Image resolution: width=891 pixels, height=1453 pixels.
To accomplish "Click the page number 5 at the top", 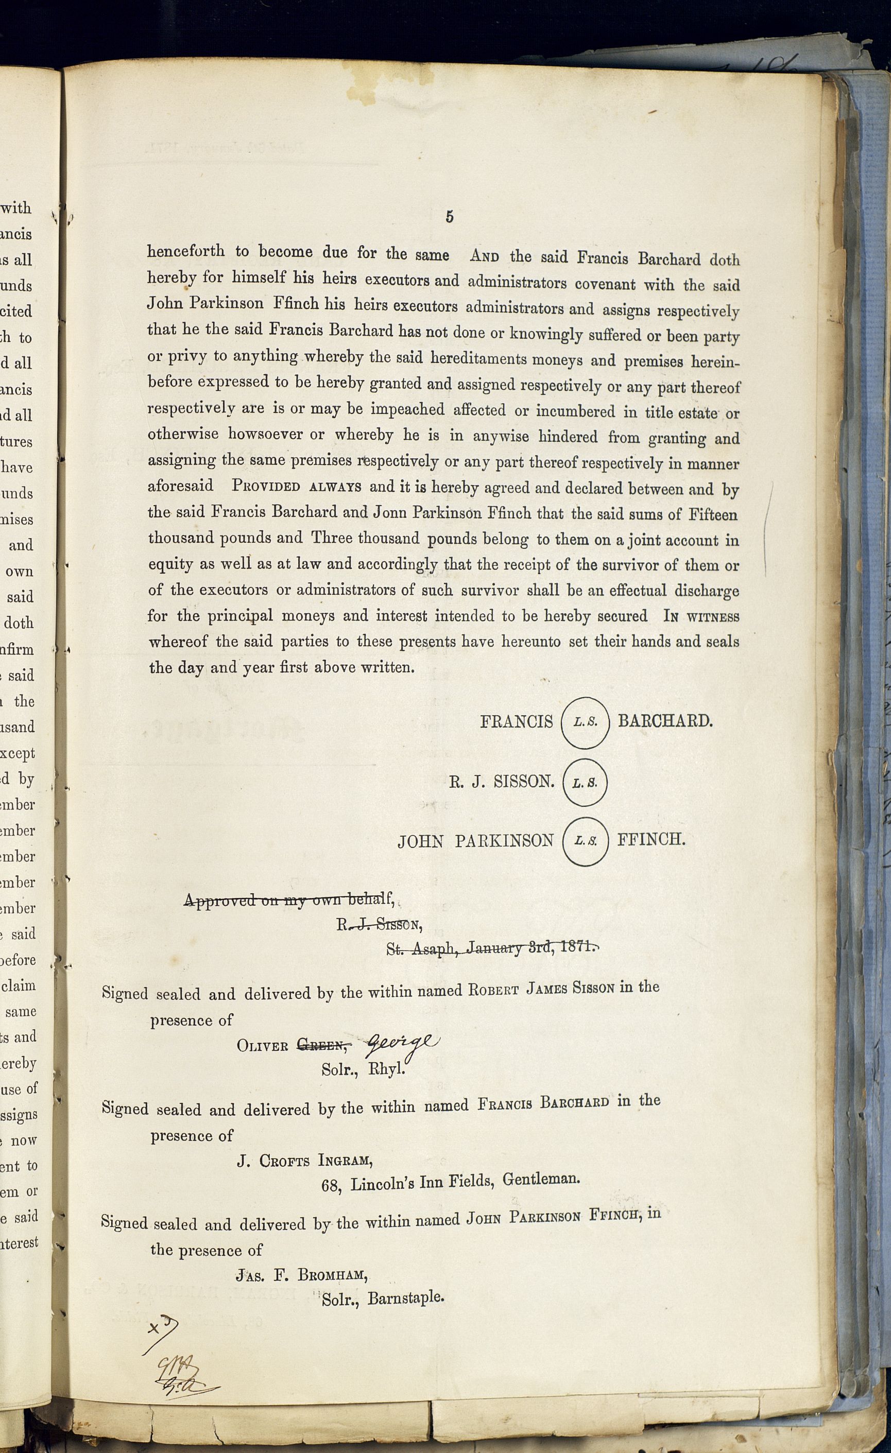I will (x=449, y=217).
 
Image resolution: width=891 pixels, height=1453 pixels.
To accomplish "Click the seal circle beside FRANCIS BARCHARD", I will (x=585, y=722).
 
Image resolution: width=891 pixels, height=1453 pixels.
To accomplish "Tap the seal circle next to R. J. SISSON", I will (x=585, y=783).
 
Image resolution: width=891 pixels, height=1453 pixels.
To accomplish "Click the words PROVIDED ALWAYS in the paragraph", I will (x=297, y=487).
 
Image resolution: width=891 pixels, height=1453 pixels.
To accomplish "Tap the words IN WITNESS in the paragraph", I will (x=701, y=617).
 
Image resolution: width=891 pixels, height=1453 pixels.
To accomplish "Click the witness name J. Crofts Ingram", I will (x=304, y=1161).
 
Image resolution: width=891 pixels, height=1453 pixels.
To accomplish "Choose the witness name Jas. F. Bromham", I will (x=302, y=1275).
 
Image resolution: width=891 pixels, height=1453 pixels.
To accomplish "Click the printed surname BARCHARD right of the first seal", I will (x=665, y=721).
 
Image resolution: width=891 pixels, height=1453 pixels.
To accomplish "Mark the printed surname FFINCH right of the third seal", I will (x=651, y=840).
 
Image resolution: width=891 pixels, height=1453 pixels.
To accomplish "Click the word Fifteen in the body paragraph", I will (x=712, y=515).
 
